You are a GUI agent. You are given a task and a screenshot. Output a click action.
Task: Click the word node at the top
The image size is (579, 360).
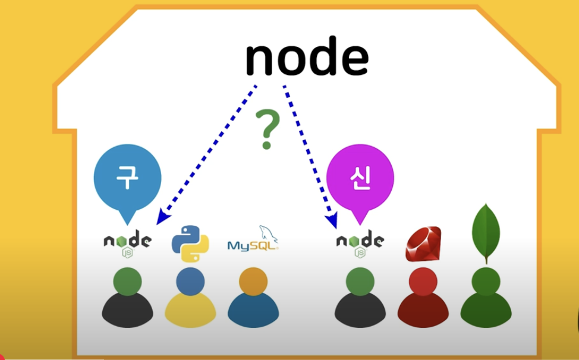(x=307, y=58)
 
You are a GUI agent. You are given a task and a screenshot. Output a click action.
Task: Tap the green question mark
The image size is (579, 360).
(x=266, y=130)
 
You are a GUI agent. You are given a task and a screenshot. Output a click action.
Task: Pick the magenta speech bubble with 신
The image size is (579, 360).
(x=360, y=179)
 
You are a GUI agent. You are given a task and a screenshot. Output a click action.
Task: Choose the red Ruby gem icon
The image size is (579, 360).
(x=423, y=244)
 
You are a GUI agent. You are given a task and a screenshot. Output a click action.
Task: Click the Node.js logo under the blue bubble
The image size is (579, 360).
(x=127, y=243)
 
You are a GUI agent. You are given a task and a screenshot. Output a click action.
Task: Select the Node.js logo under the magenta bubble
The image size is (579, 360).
(x=360, y=243)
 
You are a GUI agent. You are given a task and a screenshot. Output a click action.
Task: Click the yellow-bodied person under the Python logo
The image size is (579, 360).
(x=190, y=300)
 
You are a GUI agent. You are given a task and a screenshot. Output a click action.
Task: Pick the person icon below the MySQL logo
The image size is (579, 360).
(x=253, y=300)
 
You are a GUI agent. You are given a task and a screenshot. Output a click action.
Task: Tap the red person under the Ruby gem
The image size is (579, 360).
(x=423, y=300)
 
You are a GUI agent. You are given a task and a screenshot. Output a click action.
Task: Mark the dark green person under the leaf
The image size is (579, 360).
(x=486, y=300)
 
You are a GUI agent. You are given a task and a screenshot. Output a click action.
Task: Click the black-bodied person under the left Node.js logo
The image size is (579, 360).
(x=127, y=300)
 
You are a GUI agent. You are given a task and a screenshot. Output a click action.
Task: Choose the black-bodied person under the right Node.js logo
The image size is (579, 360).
(x=360, y=300)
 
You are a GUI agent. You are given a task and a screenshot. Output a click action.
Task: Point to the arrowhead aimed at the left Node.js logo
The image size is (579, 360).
(x=161, y=219)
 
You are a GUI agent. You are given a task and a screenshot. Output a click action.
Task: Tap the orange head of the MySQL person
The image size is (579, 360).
(x=253, y=280)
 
